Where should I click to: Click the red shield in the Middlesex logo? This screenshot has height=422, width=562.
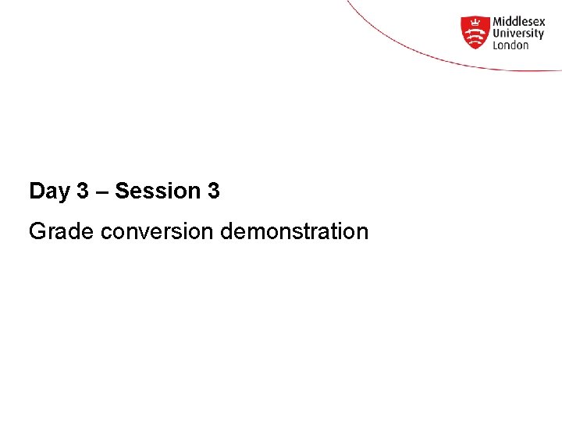[x=475, y=32]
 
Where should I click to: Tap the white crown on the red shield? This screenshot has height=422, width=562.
[x=475, y=23]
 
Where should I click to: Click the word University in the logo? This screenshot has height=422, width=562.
[x=518, y=34]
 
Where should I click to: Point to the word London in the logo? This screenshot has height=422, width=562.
[x=510, y=45]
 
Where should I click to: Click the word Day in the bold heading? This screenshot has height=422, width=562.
[x=49, y=191]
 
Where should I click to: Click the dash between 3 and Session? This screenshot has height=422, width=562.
[x=101, y=191]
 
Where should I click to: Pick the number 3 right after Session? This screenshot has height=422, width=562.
[x=213, y=191]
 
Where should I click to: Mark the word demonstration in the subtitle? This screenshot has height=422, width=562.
[x=294, y=231]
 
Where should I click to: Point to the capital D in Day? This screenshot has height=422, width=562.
[x=37, y=191]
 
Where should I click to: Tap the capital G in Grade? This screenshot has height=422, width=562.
[x=37, y=231]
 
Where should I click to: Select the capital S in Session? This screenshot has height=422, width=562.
[x=123, y=191]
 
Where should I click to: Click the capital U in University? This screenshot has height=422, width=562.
[x=496, y=34]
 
